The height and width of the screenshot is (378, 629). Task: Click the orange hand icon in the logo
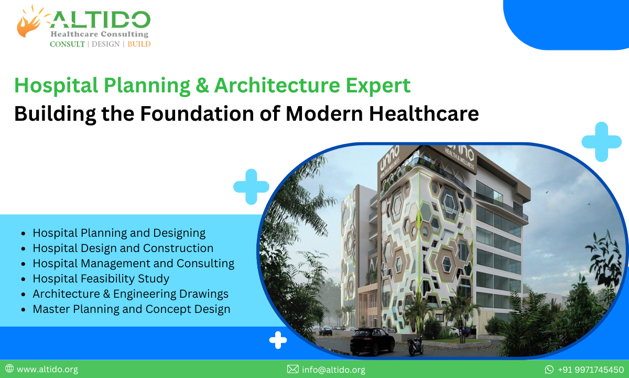click(x=29, y=22)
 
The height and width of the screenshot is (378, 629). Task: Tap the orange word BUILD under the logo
click(x=139, y=44)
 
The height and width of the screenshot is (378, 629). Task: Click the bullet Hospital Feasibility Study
click(x=101, y=278)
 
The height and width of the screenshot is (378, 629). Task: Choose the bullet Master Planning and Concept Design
click(x=131, y=309)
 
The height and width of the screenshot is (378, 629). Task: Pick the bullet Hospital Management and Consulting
click(x=133, y=263)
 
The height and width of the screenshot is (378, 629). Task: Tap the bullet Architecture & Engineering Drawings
click(x=130, y=293)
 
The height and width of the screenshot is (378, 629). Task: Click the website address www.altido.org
click(x=47, y=370)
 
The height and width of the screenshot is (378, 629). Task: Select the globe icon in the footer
click(x=9, y=369)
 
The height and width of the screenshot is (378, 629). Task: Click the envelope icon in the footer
click(x=292, y=370)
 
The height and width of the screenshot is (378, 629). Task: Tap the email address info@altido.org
click(x=333, y=370)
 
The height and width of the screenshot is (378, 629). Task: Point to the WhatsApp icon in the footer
click(x=549, y=370)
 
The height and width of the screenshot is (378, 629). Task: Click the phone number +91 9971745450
click(x=590, y=370)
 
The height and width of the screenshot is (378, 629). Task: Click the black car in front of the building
click(x=372, y=341)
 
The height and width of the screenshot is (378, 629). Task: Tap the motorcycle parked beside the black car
click(x=415, y=345)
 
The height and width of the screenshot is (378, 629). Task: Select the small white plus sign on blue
click(x=278, y=340)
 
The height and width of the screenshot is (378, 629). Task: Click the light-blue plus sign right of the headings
click(x=601, y=141)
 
